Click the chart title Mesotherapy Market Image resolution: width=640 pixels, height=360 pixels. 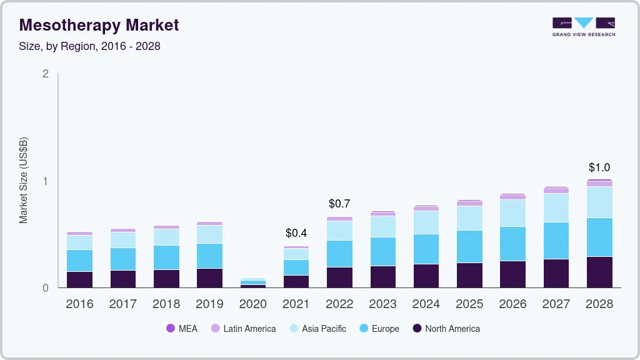point(99,25)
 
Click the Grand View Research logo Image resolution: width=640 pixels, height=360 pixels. point(583,26)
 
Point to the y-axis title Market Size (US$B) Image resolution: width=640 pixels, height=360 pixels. point(23,180)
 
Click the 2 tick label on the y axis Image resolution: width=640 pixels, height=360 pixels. point(45,74)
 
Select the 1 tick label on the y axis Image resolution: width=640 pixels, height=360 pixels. point(45,181)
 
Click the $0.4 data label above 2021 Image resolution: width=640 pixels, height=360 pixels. point(296,233)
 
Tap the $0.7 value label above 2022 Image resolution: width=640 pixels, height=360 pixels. point(339,204)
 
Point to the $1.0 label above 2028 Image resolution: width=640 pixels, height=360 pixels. point(599,167)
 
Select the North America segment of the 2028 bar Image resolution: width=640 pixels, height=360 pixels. point(599,272)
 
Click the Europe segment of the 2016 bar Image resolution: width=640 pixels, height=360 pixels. point(79,261)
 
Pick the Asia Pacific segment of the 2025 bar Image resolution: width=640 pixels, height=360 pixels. point(469,218)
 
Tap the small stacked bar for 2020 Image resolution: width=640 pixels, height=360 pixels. point(253,283)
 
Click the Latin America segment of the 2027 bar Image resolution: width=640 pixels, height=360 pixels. point(556,191)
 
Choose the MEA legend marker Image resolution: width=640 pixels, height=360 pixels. point(171,329)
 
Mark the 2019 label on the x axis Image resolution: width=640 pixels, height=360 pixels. point(209,304)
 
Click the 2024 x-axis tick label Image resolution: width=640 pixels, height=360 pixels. point(426,304)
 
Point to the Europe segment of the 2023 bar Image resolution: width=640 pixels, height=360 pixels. point(382,251)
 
